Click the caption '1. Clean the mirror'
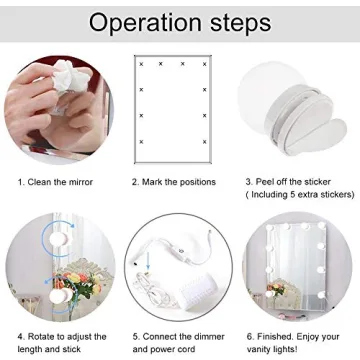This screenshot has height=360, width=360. [x=56, y=183]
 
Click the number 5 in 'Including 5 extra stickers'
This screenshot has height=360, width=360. [x=295, y=196]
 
